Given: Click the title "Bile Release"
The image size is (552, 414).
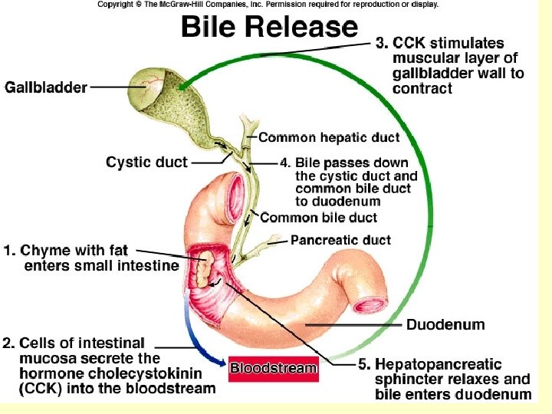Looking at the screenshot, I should [x=269, y=28].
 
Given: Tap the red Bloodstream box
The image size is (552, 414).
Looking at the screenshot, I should [x=273, y=368].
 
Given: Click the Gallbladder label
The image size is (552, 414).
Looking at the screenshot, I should [x=46, y=87].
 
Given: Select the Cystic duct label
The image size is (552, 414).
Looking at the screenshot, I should [x=146, y=162].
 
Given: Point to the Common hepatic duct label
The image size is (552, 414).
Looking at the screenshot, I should [x=329, y=138].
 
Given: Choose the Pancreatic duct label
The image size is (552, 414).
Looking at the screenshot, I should [x=340, y=240].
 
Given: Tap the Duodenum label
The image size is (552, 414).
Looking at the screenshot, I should [x=445, y=324].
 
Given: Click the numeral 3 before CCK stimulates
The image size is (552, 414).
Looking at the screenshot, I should [x=380, y=43].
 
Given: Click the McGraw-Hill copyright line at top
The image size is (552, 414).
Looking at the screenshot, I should [x=268, y=5].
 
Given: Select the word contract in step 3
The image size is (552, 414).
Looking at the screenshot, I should [x=422, y=89].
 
